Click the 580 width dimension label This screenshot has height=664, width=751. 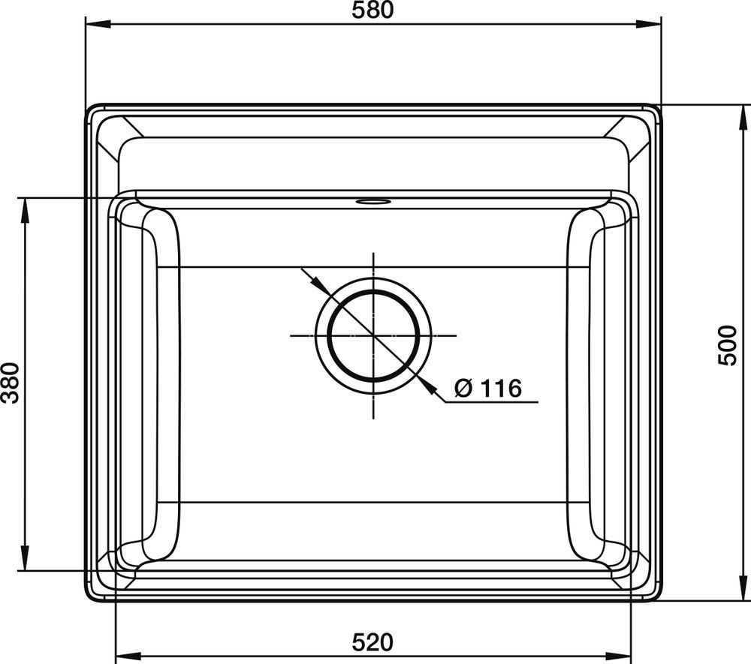[x=372, y=10]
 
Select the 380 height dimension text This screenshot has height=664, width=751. [x=10, y=383]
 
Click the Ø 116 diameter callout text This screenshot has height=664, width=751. [x=487, y=388]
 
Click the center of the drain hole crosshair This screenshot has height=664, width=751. [x=373, y=336]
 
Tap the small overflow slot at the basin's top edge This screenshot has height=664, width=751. [x=373, y=201]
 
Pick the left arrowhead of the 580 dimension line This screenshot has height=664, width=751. [x=98, y=23]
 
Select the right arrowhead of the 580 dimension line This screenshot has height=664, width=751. [x=649, y=23]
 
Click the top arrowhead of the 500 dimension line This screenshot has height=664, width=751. [x=743, y=117]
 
